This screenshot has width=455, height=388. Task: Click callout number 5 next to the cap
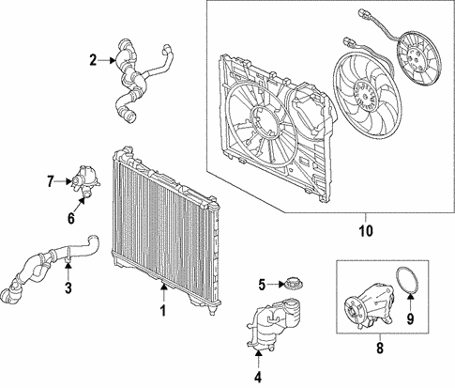[264, 283]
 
